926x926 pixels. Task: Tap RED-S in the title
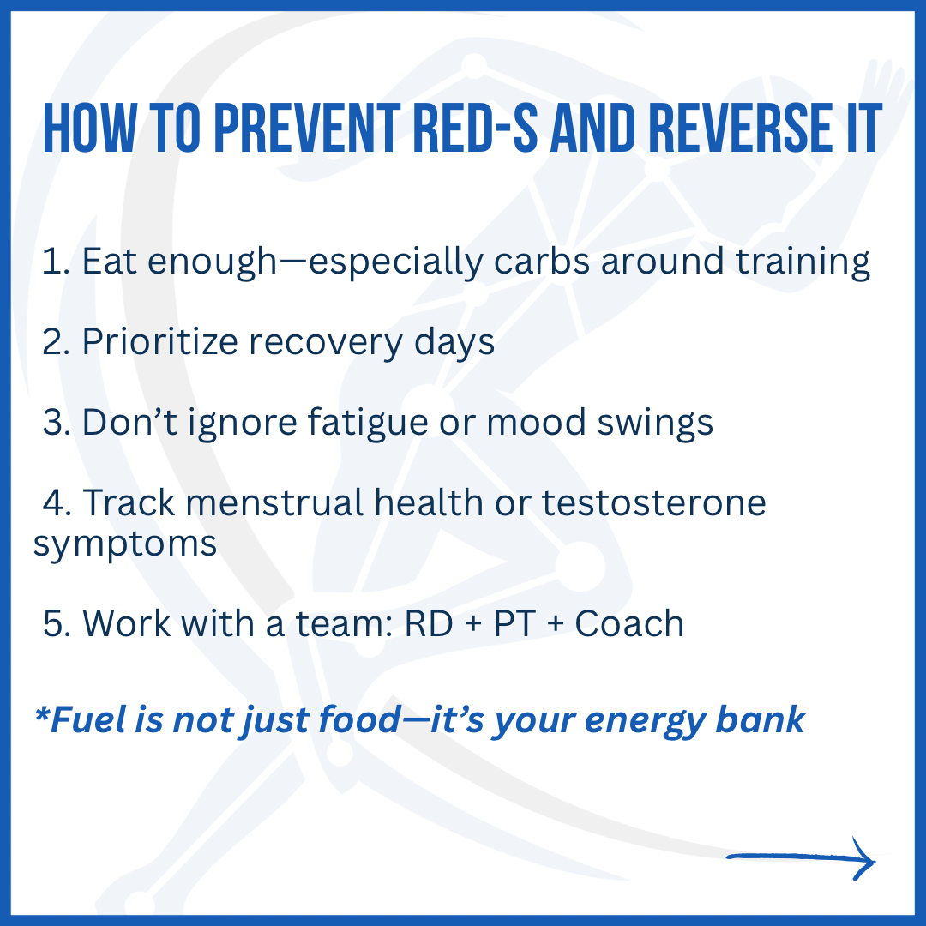coord(475,128)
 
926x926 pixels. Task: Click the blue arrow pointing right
coord(800,858)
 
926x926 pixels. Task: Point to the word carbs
coord(542,261)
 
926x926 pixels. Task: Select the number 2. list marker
coord(56,342)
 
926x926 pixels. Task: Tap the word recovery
coord(325,343)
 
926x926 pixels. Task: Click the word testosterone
coord(653,502)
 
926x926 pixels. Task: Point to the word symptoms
coord(125,544)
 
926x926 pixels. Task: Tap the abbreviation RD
coord(429,623)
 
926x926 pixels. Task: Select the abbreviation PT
coord(514,623)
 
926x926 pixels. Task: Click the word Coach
coord(629,623)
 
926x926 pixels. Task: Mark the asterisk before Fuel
coord(42,713)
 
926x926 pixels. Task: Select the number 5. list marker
coord(57,623)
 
